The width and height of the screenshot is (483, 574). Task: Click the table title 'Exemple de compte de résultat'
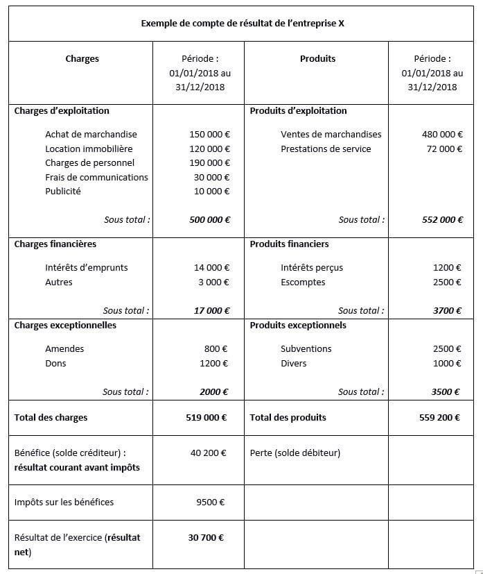[x=242, y=23]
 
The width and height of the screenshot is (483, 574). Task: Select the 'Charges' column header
[x=82, y=59]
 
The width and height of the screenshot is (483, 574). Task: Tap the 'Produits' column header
[x=317, y=59]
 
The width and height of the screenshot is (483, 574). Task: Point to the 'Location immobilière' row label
[x=89, y=149]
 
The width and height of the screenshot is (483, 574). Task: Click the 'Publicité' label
[x=63, y=192]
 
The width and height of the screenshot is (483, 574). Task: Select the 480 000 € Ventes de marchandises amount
[x=442, y=135]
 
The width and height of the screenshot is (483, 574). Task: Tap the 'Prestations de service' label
[x=326, y=149]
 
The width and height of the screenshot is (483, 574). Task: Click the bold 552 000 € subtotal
[x=442, y=220]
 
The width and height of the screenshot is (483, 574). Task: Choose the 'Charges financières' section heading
[x=55, y=244]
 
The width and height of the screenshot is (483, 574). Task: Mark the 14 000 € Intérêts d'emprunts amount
[x=211, y=268]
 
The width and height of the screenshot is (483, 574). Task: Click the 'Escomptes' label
[x=303, y=282]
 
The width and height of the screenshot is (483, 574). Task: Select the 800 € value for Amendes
[x=217, y=349]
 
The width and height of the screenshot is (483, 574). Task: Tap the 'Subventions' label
[x=306, y=349]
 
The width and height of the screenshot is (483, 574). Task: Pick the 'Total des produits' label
[x=288, y=418]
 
